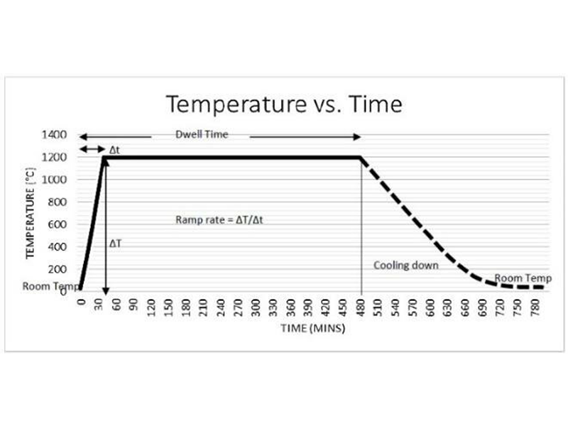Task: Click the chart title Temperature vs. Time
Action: click(284, 104)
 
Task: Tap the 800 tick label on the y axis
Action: click(59, 202)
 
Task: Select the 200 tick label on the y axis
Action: click(59, 270)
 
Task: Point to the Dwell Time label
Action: click(202, 134)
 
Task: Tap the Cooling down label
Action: click(405, 265)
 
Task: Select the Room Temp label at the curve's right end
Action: click(518, 278)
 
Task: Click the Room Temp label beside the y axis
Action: click(50, 287)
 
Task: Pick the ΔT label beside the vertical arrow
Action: click(116, 244)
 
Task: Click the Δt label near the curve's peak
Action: click(114, 151)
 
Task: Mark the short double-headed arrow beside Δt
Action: click(91, 148)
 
